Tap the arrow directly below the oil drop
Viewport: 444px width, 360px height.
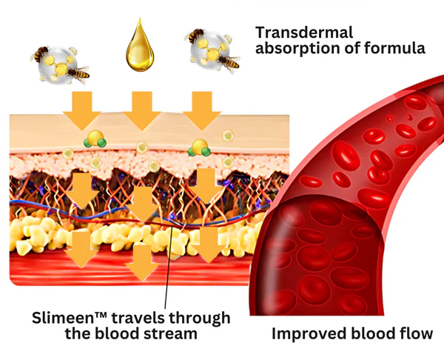pyautogui.click(x=139, y=112)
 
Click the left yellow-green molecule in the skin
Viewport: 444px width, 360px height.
pyautogui.click(x=95, y=141)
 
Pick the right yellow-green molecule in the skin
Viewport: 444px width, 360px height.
pyautogui.click(x=199, y=148)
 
